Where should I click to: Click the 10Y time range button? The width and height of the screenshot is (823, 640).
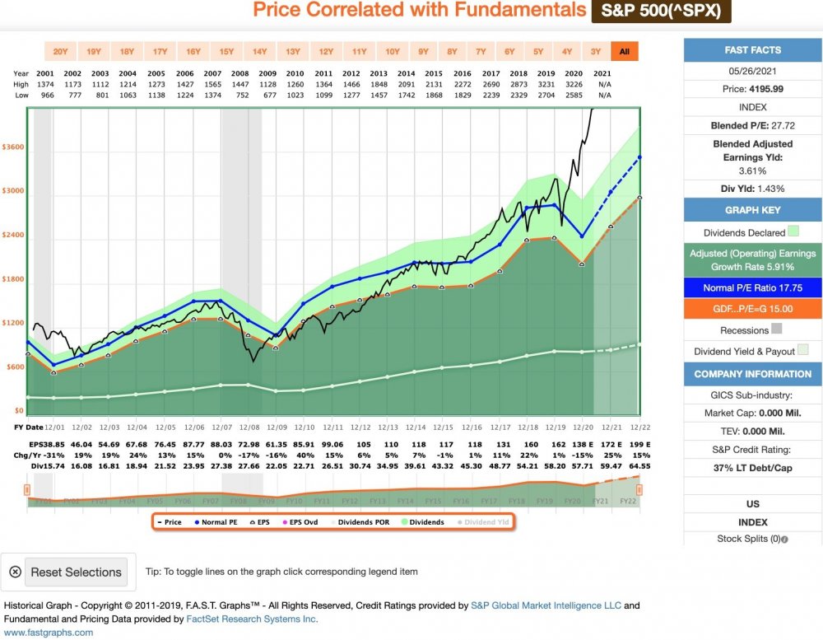point(392,52)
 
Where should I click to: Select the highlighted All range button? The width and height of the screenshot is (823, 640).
point(624,52)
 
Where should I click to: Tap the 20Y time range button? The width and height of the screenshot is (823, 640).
point(60,52)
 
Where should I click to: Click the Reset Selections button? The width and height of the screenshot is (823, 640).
point(66,572)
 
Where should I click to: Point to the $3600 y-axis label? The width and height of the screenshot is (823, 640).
point(13,147)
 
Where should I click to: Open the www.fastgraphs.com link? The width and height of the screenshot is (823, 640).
point(49,633)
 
